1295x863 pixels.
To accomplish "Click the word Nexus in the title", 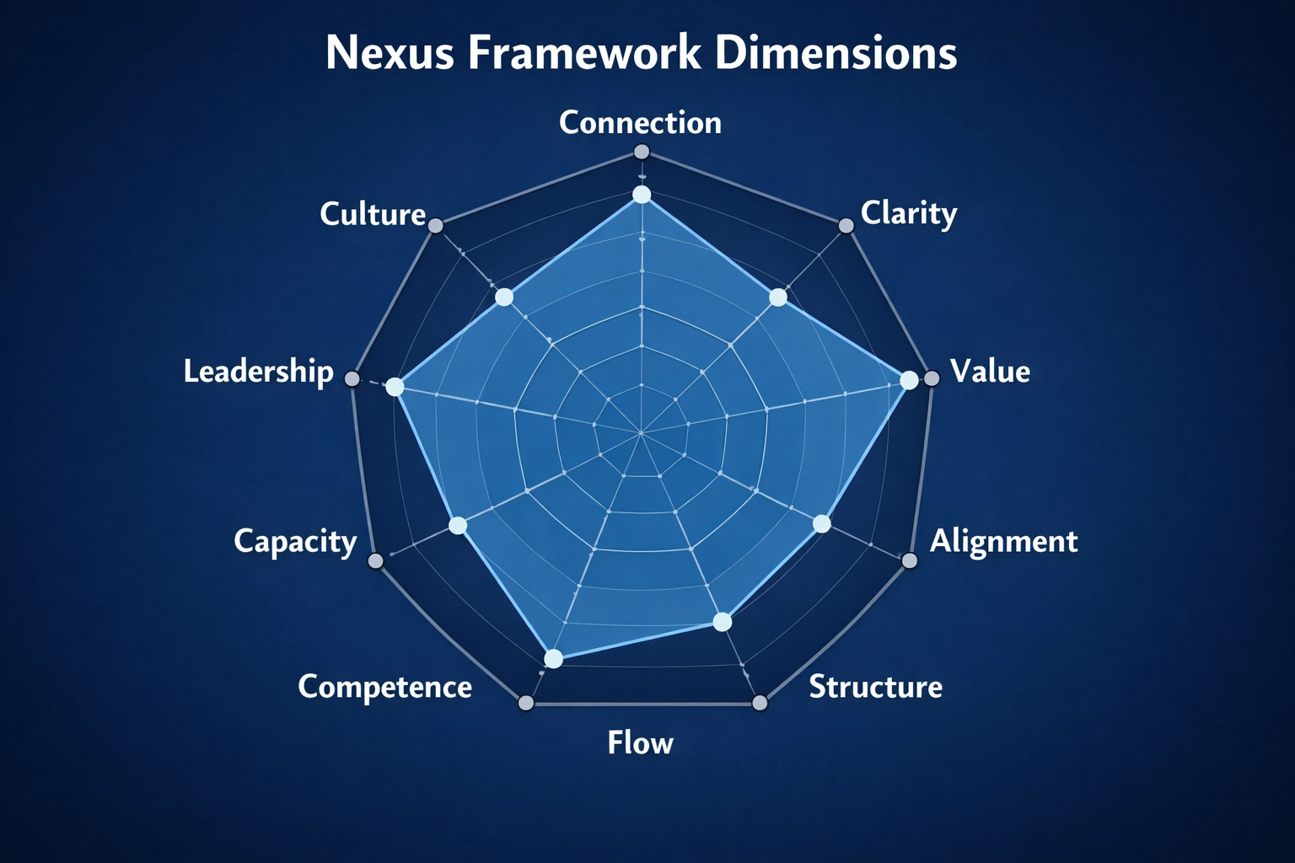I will point(390,53).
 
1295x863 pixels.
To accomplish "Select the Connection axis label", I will point(640,123).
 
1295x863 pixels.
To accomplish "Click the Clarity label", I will point(908,213).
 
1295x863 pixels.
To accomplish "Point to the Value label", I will point(990,372).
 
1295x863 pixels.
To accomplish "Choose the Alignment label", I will point(1003,541).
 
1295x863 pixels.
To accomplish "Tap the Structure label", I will point(875,687).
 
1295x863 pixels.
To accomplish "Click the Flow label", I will point(640,743).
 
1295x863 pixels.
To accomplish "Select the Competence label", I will point(384,687).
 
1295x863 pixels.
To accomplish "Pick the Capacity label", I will point(295,541).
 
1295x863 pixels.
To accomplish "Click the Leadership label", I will point(258,372).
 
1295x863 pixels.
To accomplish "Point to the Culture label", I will point(373,214).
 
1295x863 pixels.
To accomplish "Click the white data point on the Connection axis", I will point(642,196).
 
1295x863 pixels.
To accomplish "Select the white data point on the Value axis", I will point(909,380).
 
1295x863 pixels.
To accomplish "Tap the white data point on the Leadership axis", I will point(395,387).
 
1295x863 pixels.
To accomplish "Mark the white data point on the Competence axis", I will point(553,659).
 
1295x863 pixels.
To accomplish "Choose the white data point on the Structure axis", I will point(722,622).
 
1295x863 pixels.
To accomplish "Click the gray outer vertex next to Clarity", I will point(846,225).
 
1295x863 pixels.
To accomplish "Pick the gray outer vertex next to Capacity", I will point(376,560).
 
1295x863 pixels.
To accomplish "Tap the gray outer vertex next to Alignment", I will point(909,560).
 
